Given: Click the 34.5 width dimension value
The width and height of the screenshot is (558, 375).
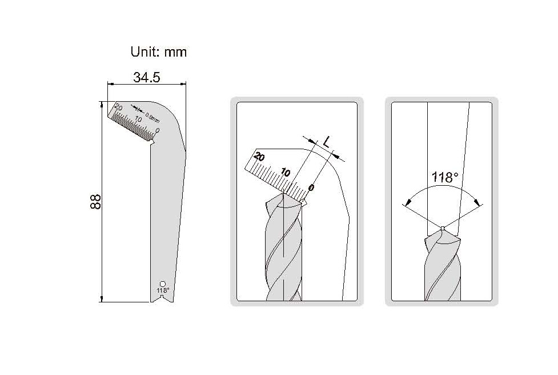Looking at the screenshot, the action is tap(147, 77).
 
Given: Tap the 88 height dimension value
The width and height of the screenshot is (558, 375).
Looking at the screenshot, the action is tap(96, 202).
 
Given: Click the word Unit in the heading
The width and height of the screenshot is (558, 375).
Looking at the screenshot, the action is tap(145, 52).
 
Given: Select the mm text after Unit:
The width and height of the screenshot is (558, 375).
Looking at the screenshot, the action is tap(175, 53).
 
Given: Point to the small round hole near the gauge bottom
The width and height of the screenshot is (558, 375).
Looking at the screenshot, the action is tap(163, 284).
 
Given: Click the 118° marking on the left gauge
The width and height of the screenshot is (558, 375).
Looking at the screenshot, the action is tap(163, 290).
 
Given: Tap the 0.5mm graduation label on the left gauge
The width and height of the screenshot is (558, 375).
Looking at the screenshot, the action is tap(152, 118).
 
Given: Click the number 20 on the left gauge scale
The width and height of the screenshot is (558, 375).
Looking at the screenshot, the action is tap(118, 107).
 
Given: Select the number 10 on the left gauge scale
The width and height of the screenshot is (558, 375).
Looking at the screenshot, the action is tap(138, 119).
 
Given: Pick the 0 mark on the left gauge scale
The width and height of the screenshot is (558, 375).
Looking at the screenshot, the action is tap(158, 131).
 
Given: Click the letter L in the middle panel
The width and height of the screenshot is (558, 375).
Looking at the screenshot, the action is tap(327, 142).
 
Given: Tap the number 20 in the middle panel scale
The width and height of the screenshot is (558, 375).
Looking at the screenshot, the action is tap(259, 156).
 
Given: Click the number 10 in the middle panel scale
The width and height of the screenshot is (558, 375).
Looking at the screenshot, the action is tap(286, 173).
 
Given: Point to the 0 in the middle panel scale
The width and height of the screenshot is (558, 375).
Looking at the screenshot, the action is tap(311, 187).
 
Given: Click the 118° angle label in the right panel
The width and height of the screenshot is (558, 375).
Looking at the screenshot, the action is tap(445, 177).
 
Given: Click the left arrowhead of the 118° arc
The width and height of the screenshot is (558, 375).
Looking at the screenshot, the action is tap(407, 202).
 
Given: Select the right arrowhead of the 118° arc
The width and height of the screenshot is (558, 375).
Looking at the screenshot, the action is tap(478, 202).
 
